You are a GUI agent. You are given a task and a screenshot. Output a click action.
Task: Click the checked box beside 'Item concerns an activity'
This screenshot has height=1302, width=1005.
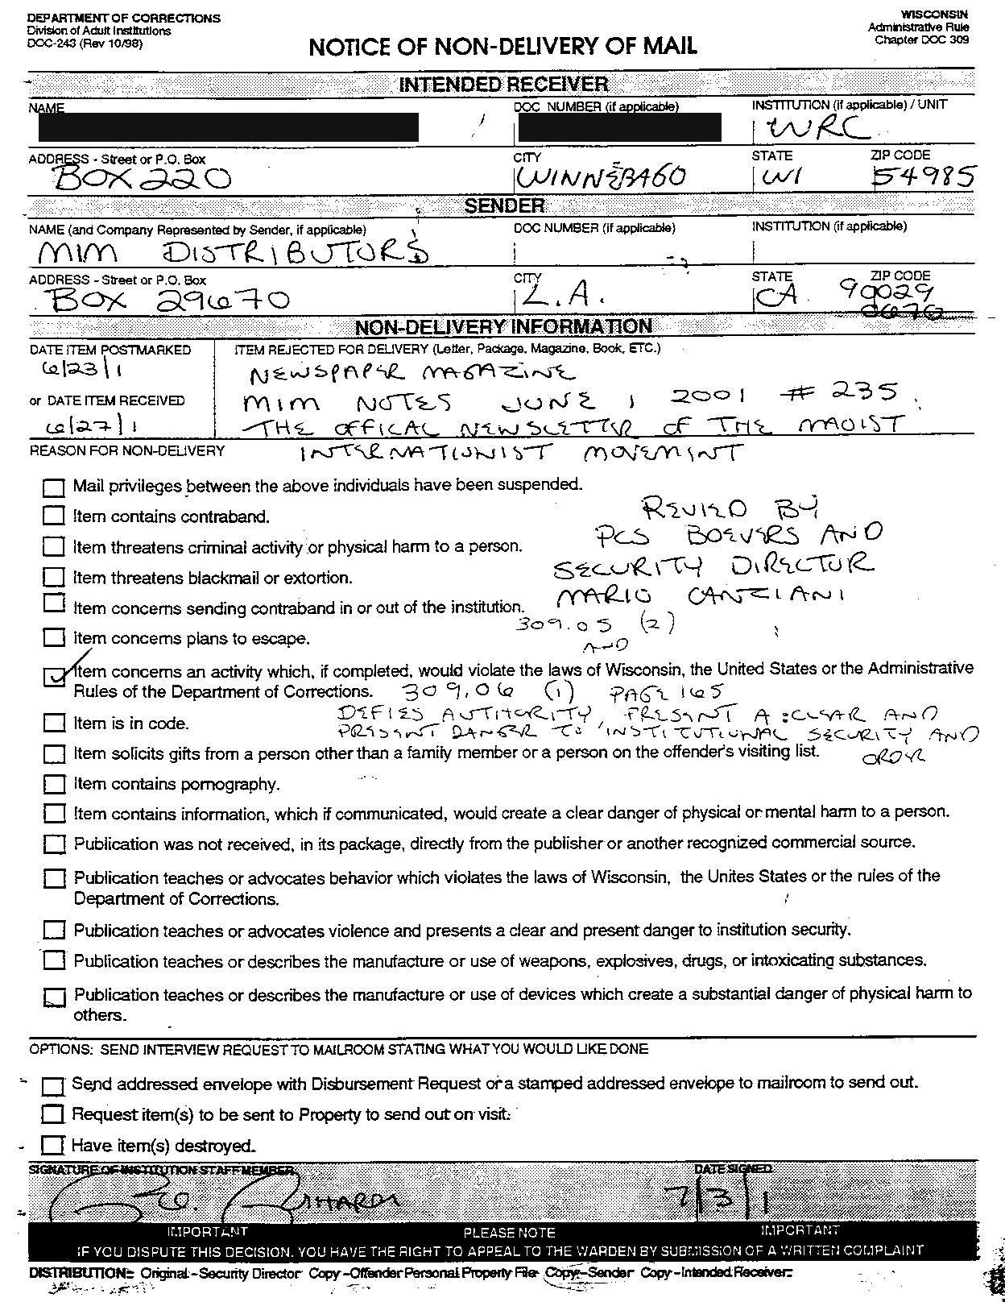54,677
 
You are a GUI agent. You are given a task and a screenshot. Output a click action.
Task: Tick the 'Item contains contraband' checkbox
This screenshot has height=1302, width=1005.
54,516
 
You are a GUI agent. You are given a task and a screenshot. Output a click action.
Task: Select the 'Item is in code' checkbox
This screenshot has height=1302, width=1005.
54,723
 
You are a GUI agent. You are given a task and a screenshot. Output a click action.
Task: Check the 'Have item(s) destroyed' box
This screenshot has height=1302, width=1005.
52,1145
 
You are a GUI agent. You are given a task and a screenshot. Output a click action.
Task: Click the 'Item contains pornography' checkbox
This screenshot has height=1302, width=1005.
54,784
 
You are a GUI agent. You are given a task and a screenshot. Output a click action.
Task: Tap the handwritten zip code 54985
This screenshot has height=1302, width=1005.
924,176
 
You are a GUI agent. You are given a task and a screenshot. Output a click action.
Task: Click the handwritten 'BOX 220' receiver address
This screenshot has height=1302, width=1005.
141,176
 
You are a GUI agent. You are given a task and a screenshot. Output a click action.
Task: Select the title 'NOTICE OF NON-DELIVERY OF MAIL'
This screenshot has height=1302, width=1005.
502,47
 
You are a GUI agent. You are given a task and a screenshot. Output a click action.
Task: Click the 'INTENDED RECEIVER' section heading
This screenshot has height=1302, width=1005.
503,84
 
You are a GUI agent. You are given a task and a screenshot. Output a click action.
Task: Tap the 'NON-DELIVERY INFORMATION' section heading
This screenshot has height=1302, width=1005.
503,326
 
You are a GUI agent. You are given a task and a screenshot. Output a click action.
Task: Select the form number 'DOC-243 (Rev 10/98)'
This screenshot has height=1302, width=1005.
85,44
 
